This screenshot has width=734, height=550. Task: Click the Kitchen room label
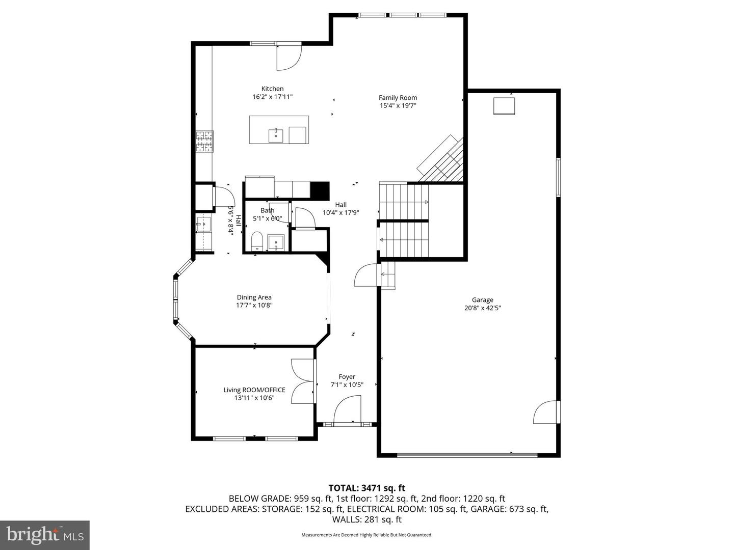pyautogui.click(x=272, y=89)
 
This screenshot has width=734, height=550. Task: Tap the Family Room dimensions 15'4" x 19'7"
pyautogui.click(x=398, y=106)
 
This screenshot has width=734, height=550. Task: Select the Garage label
pyautogui.click(x=482, y=300)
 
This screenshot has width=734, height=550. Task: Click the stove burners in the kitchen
pyautogui.click(x=205, y=142)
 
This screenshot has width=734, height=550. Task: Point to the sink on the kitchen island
pyautogui.click(x=276, y=136)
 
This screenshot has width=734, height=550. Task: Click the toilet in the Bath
pyautogui.click(x=257, y=241)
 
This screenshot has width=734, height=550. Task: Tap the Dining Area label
pyautogui.click(x=254, y=297)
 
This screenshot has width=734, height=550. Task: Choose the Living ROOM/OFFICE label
pyautogui.click(x=254, y=390)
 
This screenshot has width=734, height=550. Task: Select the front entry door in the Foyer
pyautogui.click(x=348, y=410)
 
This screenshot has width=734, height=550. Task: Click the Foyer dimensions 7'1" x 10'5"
pyautogui.click(x=347, y=385)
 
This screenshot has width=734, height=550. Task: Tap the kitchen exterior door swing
pyautogui.click(x=289, y=57)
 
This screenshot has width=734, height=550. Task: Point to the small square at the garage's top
pyautogui.click(x=504, y=106)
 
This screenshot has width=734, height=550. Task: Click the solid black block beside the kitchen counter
pyautogui.click(x=320, y=190)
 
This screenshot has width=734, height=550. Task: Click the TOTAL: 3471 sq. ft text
pyautogui.click(x=367, y=488)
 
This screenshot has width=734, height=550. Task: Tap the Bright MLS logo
pyautogui.click(x=45, y=535)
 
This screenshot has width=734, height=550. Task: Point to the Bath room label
pyautogui.click(x=267, y=210)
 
